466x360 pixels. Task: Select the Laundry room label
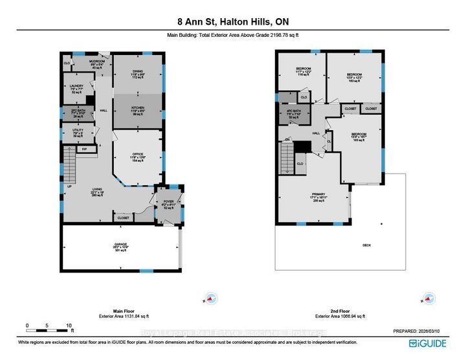click(x=78, y=86)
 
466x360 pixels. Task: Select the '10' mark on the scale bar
click(x=69, y=325)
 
